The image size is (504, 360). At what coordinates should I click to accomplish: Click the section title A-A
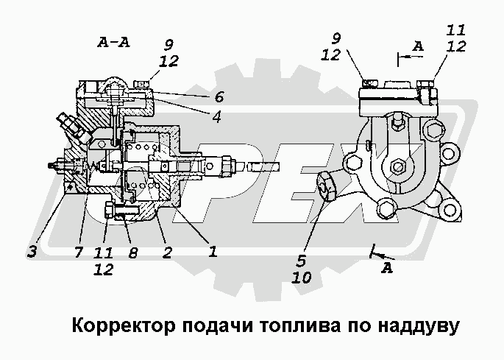[113, 42]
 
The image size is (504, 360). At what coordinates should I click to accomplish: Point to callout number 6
[219, 96]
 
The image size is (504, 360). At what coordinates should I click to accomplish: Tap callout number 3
[32, 252]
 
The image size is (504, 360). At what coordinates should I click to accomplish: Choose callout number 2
[168, 252]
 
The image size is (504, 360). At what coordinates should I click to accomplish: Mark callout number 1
[212, 252]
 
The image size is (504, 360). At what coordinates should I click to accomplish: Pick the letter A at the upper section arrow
[418, 46]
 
